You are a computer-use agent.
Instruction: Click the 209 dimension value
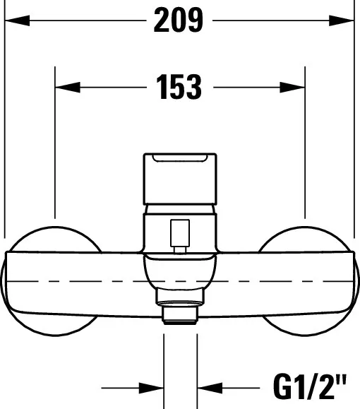point(179,22)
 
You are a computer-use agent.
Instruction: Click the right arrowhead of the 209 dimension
point(343,22)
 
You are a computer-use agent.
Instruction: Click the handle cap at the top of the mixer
point(180,177)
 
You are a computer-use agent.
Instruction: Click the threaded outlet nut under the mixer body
point(180,313)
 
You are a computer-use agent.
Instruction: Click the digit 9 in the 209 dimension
point(193,22)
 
